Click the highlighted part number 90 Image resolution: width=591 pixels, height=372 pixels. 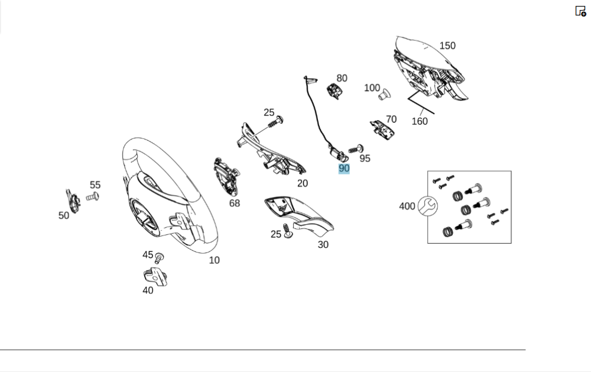point(344,169)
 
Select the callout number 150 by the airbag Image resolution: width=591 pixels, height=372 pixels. point(447,46)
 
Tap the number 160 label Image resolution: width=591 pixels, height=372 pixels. point(419,121)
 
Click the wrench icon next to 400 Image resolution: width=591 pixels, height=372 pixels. point(427,206)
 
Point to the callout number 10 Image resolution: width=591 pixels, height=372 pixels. point(214,260)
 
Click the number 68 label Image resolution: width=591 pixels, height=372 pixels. point(235,203)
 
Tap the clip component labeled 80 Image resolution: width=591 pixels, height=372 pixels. point(335,90)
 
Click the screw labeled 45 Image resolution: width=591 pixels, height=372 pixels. point(159,258)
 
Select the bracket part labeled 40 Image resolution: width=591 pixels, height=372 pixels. point(155,276)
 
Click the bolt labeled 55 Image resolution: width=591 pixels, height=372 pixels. point(92,197)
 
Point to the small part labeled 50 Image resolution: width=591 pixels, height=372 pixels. point(73,200)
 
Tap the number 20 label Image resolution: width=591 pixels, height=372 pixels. point(302,183)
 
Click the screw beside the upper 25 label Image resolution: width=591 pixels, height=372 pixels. point(275,122)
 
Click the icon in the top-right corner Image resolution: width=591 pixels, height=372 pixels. point(580,11)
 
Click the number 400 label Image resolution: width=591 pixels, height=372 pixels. point(407,206)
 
